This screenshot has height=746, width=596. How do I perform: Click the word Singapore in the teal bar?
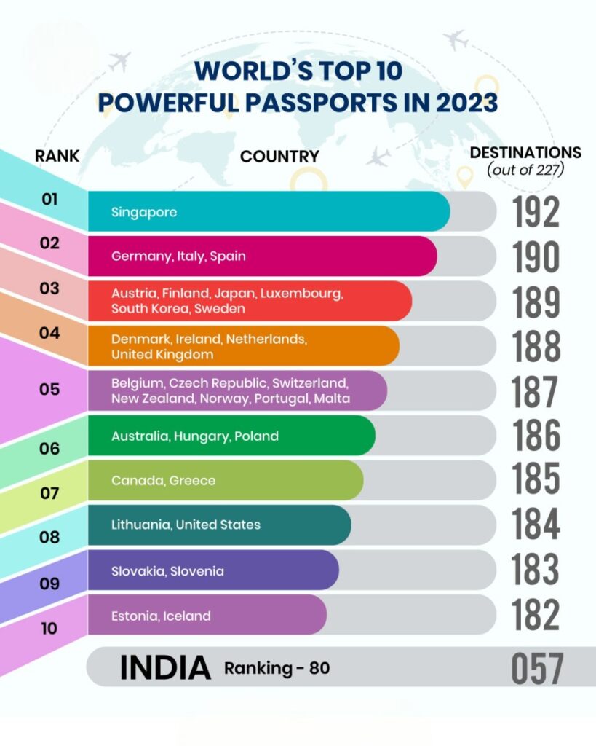coord(144,212)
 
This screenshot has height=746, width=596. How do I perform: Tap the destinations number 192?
coord(536,212)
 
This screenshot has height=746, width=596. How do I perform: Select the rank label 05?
coord(49,389)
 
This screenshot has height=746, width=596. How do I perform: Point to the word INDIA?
coord(165,667)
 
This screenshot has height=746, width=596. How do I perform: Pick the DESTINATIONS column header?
coord(525,152)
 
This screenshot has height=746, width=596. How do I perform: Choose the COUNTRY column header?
coord(279,157)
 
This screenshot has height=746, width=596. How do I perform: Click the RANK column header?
coord(57,156)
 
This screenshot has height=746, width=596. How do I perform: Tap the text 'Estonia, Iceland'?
coord(161,616)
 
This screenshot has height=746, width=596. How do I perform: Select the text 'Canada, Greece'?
coord(163,481)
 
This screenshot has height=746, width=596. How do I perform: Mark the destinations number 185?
coord(536,480)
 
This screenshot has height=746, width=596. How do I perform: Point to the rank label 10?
coord(49,628)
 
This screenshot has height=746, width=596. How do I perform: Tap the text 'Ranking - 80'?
coord(277,667)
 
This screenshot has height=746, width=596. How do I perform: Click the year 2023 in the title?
coord(457,103)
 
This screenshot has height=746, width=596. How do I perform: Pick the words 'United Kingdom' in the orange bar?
coord(162,355)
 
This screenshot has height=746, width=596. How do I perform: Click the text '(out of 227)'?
coord(526,170)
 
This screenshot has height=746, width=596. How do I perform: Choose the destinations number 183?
coord(536,570)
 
